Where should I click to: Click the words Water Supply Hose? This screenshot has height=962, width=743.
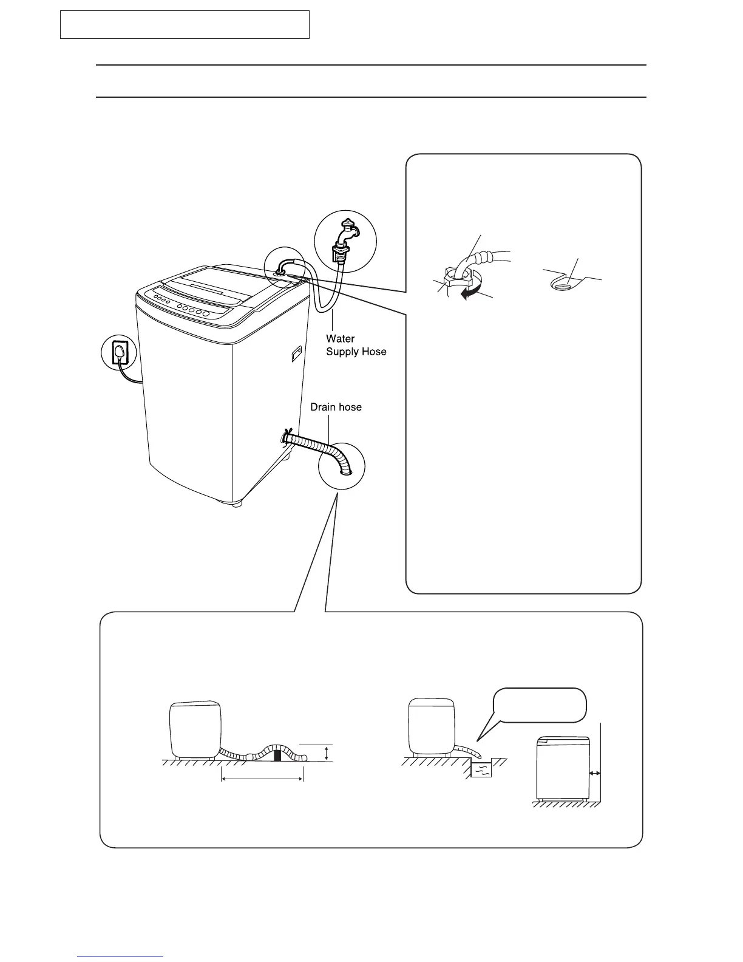pyautogui.click(x=356, y=345)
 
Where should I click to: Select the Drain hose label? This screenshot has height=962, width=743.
pyautogui.click(x=336, y=407)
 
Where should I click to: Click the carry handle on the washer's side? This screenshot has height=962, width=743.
pyautogui.click(x=296, y=353)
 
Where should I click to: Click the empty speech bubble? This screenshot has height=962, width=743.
pyautogui.click(x=539, y=705)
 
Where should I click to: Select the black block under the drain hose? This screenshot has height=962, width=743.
pyautogui.click(x=278, y=755)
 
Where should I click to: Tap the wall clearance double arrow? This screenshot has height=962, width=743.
pyautogui.click(x=595, y=773)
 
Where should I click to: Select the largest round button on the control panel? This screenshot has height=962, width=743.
pyautogui.click(x=206, y=313)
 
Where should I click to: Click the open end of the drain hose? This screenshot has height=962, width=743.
pyautogui.click(x=345, y=471)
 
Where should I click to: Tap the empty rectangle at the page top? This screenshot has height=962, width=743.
pyautogui.click(x=185, y=24)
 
